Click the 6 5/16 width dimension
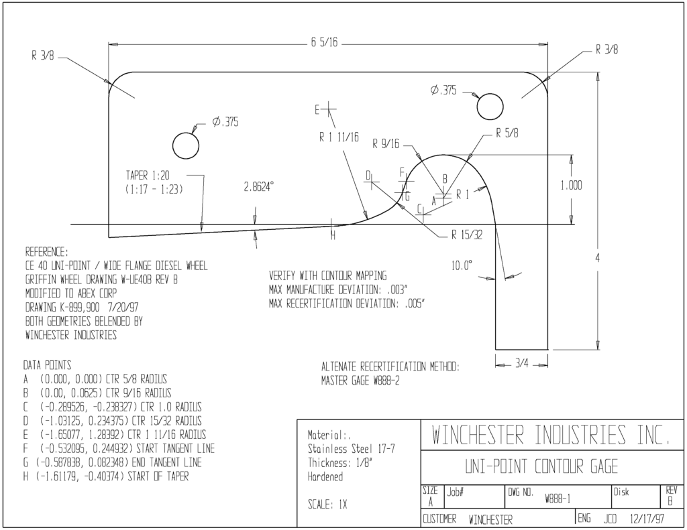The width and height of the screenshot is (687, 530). [x=325, y=42]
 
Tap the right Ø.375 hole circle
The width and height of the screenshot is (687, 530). [x=490, y=94]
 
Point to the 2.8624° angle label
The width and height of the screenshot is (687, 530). [x=259, y=188]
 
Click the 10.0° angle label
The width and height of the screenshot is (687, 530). [x=462, y=265]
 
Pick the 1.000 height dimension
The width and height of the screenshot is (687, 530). [x=572, y=186]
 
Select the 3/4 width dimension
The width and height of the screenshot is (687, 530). [x=521, y=364]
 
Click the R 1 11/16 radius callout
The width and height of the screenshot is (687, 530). [x=339, y=137]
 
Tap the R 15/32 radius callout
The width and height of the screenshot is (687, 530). [x=467, y=235]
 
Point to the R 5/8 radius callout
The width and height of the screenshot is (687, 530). [x=507, y=133]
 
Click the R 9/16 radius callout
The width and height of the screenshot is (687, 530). [x=386, y=143]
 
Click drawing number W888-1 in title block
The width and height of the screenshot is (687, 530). [x=558, y=499]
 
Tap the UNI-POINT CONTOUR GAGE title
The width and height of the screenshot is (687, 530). [x=541, y=467]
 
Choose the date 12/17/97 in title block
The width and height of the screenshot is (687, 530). [x=647, y=519]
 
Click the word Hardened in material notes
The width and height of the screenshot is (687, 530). [x=325, y=476]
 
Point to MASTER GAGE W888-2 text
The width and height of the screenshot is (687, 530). [x=360, y=381]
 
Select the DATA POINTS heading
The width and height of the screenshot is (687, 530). [x=48, y=365]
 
